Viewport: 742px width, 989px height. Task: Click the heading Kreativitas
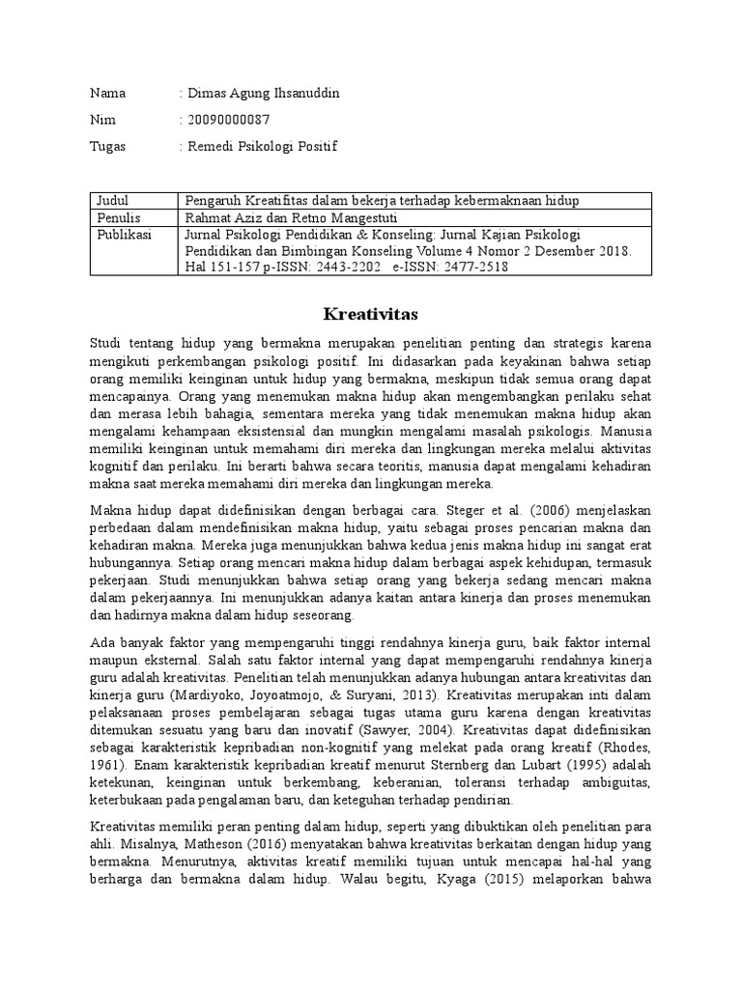tap(371, 314)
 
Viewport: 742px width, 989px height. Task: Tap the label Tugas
tap(107, 147)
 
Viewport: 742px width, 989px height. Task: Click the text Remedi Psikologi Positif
tap(264, 147)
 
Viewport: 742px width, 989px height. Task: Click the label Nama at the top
tap(107, 94)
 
